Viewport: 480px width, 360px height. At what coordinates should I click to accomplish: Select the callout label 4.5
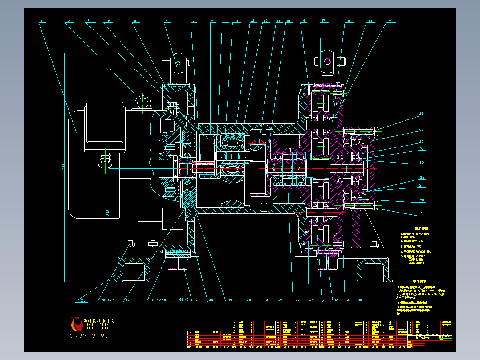point(107,21)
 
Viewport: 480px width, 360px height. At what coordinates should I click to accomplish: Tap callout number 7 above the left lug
point(166,21)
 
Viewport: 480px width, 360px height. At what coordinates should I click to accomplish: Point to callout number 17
point(323,20)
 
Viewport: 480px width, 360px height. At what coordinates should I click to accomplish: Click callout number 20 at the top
point(391,21)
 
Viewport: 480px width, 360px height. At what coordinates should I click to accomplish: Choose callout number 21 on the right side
point(421,115)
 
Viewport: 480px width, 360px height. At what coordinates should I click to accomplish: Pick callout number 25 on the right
point(422,163)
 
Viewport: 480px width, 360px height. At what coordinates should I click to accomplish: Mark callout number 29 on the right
point(421,213)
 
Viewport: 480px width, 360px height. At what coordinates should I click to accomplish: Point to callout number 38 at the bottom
point(249,300)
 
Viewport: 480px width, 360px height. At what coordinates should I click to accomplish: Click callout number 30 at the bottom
point(360,300)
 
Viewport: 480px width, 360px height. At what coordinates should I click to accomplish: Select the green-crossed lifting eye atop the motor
point(142,102)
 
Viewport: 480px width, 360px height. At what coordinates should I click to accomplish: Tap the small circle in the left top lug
point(178,63)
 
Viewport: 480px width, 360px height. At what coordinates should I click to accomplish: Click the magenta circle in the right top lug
point(328,62)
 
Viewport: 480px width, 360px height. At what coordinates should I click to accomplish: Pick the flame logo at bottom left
point(76,323)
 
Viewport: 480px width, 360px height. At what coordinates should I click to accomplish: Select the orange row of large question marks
point(89,337)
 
